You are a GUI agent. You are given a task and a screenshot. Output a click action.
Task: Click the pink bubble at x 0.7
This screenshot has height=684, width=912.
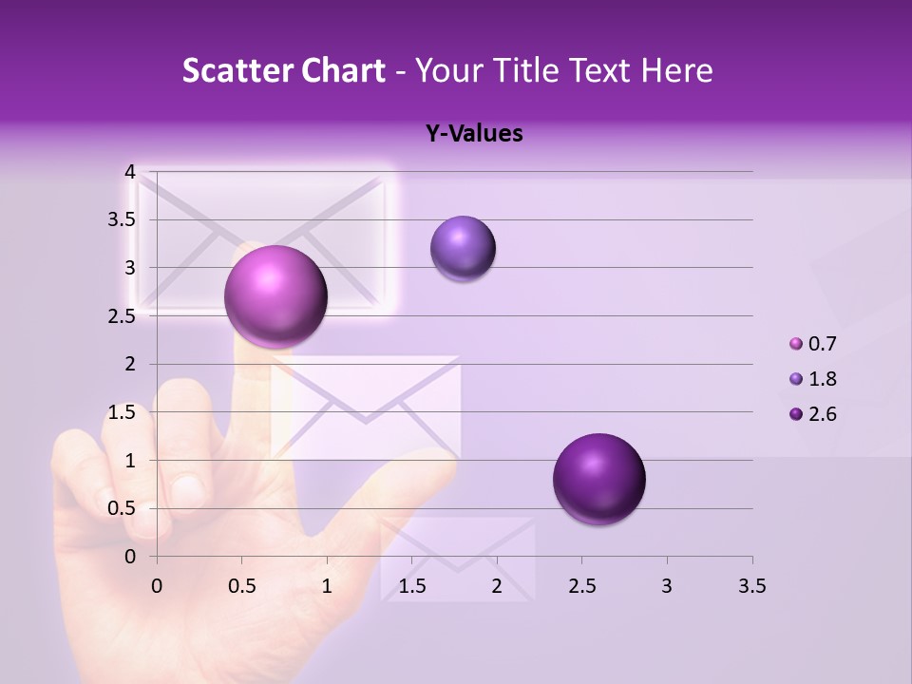pos(275,296)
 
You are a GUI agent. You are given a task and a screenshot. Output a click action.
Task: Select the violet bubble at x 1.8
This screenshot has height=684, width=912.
pos(463,248)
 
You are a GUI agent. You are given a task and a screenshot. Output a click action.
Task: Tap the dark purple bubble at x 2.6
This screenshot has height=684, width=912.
pos(598,479)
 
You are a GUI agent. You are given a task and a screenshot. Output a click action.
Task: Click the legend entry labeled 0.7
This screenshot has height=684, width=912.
pos(813,344)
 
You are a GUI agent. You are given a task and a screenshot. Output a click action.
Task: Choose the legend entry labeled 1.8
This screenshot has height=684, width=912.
pos(813,379)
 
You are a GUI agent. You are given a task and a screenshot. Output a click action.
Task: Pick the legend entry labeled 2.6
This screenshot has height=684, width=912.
pos(813,414)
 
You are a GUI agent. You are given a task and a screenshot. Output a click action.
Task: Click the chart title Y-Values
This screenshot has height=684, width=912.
pos(474,134)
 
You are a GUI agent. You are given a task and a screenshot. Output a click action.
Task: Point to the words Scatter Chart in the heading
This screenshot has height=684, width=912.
pos(283,70)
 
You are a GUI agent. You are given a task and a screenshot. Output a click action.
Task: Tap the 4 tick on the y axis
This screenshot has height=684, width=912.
pos(129,172)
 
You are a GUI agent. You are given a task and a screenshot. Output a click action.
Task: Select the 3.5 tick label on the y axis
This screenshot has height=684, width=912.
pos(123,219)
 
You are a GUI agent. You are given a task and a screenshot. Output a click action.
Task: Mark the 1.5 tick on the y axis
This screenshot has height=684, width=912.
pos(123,412)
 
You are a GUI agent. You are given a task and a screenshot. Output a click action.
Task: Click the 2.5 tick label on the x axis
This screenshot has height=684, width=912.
pos(581,586)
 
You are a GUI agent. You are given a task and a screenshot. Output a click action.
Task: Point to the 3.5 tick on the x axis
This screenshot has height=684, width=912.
pos(751,586)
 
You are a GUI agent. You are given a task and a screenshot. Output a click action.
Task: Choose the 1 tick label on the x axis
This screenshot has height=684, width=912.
pos(327,586)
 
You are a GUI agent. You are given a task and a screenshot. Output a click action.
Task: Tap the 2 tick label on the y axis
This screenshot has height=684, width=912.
pos(129,364)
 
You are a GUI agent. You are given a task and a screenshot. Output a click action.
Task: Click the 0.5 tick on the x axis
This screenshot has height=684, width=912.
pos(241,586)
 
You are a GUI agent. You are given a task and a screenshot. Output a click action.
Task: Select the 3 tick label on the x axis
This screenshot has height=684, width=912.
pos(667,586)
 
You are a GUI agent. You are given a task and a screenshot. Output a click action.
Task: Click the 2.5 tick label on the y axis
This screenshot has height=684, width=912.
pos(123,316)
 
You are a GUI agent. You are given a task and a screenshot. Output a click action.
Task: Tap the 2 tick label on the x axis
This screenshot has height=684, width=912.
pos(497,586)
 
